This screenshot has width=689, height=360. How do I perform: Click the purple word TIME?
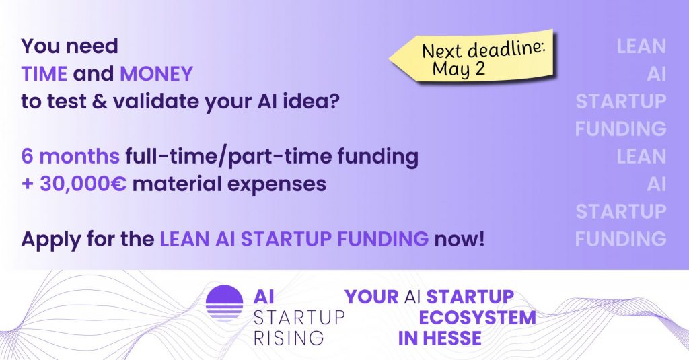pos(44,73)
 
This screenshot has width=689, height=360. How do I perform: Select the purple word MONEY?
pos(156,73)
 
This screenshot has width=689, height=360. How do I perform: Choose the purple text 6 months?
pos(70,156)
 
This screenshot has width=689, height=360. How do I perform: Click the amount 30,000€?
pos(83,184)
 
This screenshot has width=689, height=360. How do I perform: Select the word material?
pos(176,184)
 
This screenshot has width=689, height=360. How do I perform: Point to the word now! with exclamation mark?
pos(459,240)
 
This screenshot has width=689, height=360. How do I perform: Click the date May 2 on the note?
pos(459,69)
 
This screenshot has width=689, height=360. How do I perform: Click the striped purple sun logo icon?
pos(225,303)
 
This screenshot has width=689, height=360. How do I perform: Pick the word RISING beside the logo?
pos(289,338)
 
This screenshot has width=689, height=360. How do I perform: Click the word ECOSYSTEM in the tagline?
pos(477,318)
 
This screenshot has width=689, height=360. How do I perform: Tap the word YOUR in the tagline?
pos(371,297)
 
